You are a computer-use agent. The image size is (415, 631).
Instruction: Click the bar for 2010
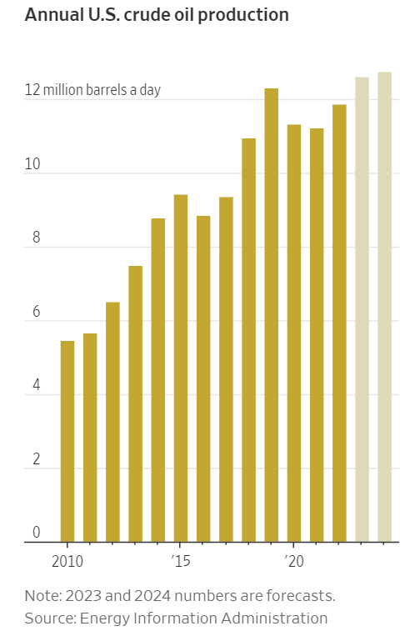pyautogui.click(x=67, y=442)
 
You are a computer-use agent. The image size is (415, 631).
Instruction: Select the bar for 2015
pyautogui.click(x=181, y=368)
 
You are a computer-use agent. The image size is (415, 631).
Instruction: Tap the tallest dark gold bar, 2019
pyautogui.click(x=272, y=315)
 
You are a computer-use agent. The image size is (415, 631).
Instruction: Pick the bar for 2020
pyautogui.click(x=294, y=333)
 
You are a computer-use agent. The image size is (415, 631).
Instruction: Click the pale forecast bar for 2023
pyautogui.click(x=362, y=309)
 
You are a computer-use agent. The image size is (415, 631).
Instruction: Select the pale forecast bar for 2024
pyautogui.click(x=385, y=307)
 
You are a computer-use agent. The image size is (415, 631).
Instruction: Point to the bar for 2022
pyautogui.click(x=339, y=323)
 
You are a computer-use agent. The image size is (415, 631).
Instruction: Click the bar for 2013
pyautogui.click(x=136, y=404)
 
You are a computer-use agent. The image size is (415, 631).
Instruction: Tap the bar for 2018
pyautogui.click(x=249, y=340)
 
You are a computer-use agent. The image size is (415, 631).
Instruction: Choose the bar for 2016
pyautogui.click(x=203, y=379)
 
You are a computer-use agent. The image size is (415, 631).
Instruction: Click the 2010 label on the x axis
pyautogui.click(x=67, y=561)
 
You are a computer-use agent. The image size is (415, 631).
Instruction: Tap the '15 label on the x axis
pyautogui.click(x=181, y=561)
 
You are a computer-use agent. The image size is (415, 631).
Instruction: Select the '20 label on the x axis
pyautogui.click(x=294, y=561)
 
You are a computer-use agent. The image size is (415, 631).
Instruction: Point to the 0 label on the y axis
pyautogui.click(x=36, y=533)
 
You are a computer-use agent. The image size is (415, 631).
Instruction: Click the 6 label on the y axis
pyautogui.click(x=36, y=312)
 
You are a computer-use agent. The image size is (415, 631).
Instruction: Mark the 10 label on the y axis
pyautogui.click(x=32, y=164)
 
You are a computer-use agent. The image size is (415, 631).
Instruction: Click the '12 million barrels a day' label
pyautogui.click(x=92, y=90)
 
